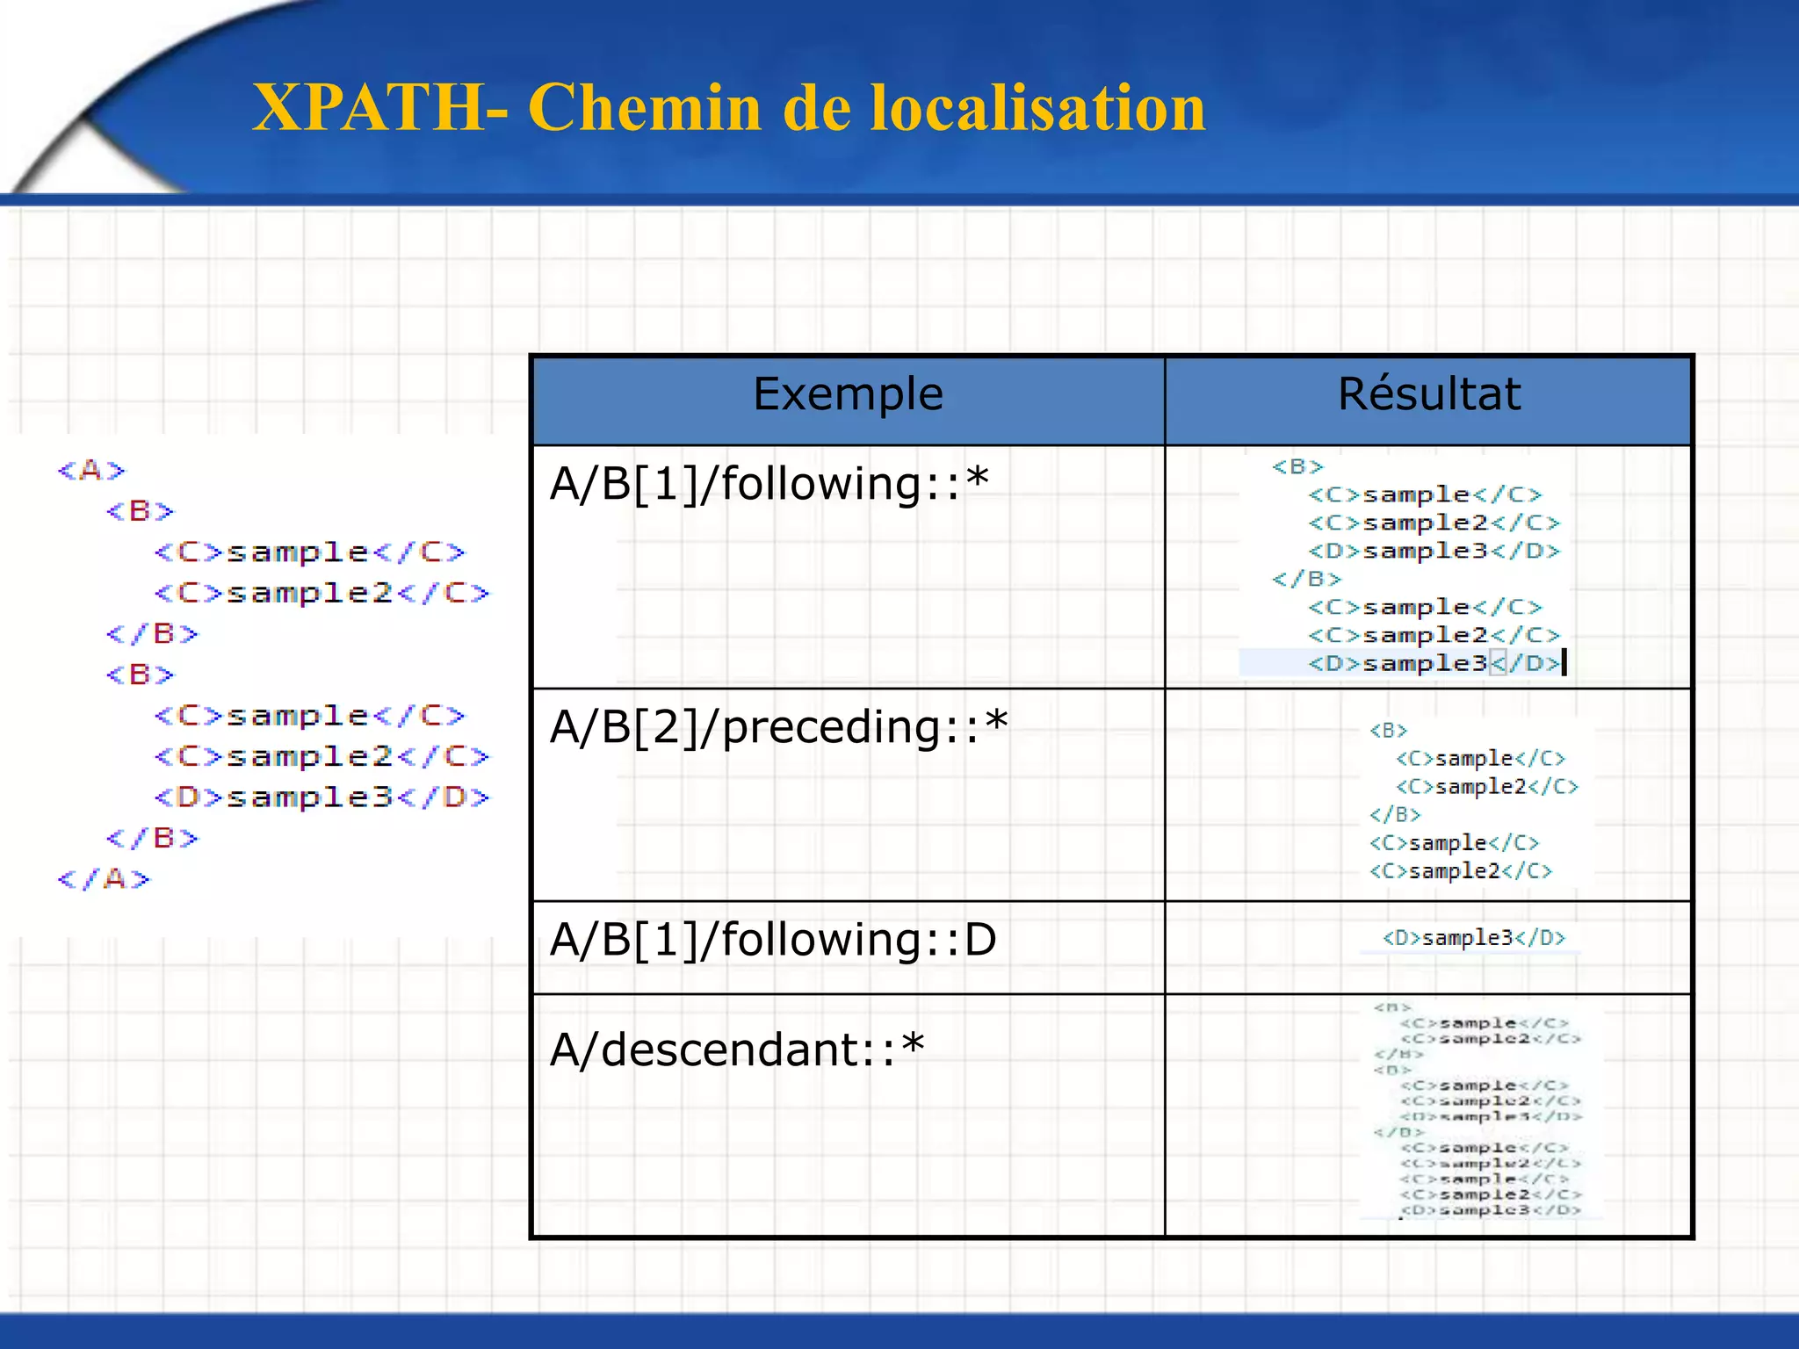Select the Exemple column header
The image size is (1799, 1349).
[848, 394]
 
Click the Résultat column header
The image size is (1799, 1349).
[1428, 394]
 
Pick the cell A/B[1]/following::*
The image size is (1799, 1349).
[769, 484]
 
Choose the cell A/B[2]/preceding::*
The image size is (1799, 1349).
[778, 727]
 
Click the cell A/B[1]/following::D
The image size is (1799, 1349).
[773, 940]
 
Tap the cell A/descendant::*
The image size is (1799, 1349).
[737, 1050]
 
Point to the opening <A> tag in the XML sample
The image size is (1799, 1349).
[91, 471]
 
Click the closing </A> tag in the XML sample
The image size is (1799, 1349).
[104, 879]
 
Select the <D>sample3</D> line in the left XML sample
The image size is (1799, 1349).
[322, 797]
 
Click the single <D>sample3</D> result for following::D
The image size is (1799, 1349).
[1473, 938]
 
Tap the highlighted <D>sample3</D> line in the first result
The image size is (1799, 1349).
[1434, 663]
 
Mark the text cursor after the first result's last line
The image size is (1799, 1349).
[1564, 662]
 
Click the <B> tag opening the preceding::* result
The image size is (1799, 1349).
[1388, 731]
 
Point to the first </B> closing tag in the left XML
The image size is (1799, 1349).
[152, 634]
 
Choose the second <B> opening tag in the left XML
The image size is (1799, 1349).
[140, 674]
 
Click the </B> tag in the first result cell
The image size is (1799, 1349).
[1306, 580]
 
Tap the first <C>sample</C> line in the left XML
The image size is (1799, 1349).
[309, 552]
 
